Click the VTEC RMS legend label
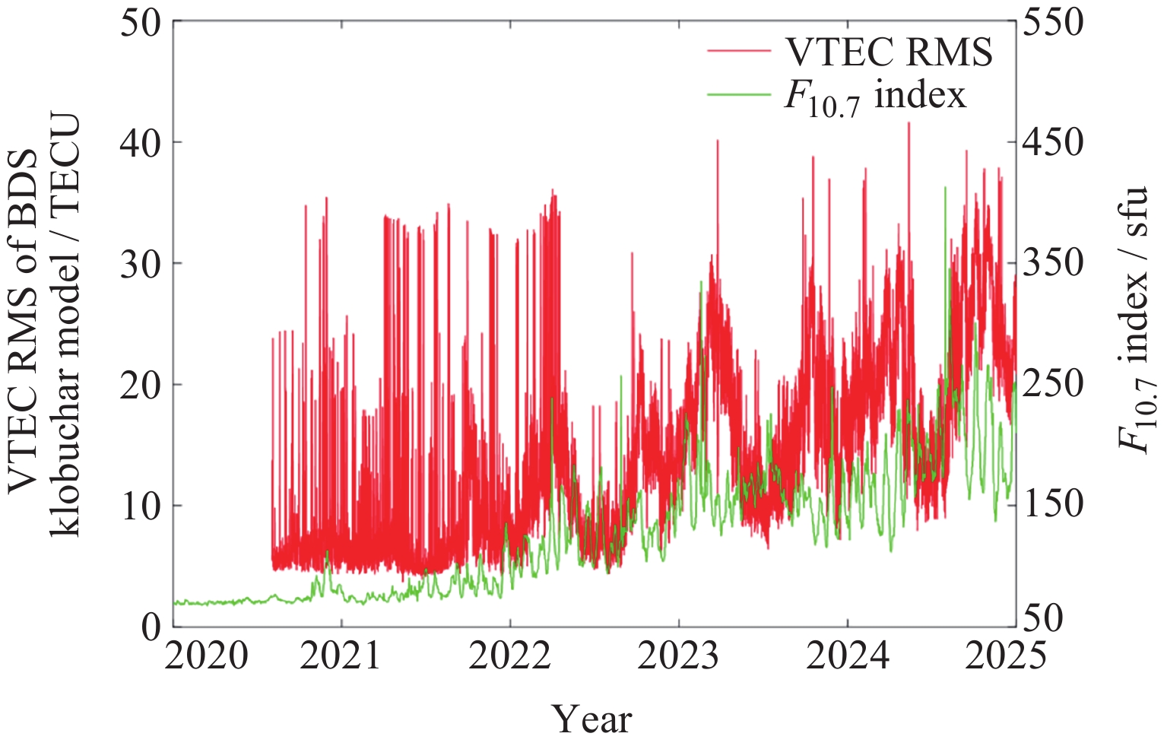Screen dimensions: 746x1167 point(888,52)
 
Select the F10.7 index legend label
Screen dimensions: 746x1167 point(874,97)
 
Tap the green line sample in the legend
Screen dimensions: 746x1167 point(738,94)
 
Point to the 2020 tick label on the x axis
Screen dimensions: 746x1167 point(206,656)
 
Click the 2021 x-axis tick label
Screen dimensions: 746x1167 point(341,656)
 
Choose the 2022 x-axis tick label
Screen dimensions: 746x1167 point(509,656)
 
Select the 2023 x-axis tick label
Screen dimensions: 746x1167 point(678,656)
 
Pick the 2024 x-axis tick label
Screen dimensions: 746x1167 point(847,656)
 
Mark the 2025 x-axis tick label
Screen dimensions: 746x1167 point(1005,656)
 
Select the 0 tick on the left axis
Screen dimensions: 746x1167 point(152,626)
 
